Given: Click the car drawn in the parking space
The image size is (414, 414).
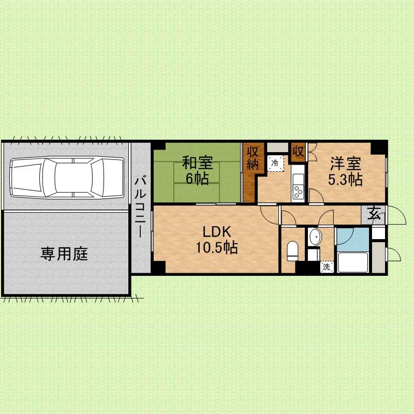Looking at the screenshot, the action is click(67, 177).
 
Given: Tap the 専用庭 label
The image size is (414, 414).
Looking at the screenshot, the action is click(64, 254).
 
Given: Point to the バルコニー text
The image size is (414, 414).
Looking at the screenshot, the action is click(140, 208).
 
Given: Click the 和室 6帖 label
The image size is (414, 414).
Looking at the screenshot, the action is click(197, 171).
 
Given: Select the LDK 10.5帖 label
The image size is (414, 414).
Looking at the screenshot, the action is click(216, 240).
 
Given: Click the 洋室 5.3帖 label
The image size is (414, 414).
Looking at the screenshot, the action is click(345, 171).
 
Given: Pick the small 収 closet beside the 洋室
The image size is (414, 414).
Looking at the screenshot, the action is click(299, 151).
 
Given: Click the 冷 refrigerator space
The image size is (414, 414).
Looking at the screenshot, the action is click(275, 163).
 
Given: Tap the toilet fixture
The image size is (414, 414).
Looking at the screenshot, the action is click(292, 251).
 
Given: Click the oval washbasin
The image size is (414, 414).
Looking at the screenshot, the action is click(315, 237).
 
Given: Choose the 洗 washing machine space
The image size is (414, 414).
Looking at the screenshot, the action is click(327, 267).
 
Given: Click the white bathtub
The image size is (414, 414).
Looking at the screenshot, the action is click(353, 262).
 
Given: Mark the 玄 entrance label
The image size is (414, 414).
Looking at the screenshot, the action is click(374, 214).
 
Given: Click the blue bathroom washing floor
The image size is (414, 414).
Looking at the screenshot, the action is click(353, 239).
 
